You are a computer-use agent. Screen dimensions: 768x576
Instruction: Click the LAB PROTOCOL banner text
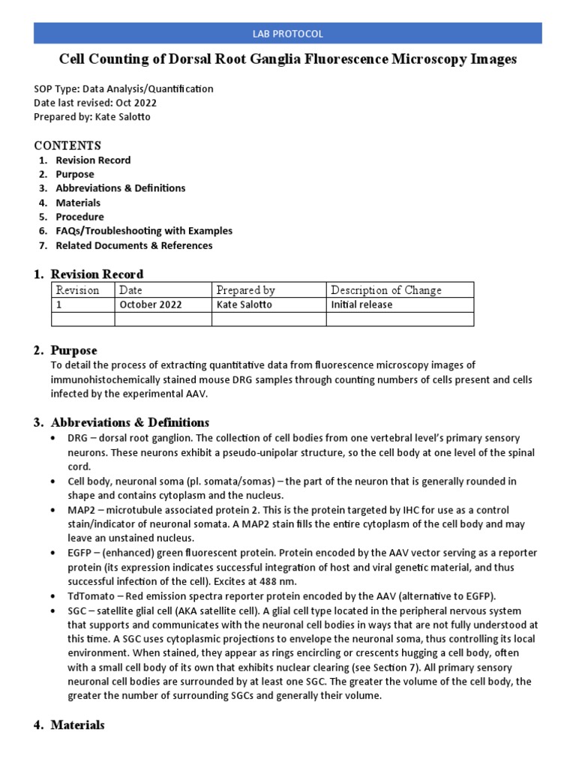288,34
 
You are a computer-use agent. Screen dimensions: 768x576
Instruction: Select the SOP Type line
124,88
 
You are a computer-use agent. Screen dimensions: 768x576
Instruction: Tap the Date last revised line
95,103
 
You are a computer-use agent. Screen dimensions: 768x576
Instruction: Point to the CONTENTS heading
67,145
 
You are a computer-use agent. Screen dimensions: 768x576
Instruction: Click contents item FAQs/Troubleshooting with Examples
144,231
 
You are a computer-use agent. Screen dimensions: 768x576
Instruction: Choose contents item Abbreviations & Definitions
120,188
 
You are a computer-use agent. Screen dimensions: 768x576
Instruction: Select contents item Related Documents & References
133,245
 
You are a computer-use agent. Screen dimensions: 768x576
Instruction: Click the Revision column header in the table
78,290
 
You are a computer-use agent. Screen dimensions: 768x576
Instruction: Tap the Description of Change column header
386,290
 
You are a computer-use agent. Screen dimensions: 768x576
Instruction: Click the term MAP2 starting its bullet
81,510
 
